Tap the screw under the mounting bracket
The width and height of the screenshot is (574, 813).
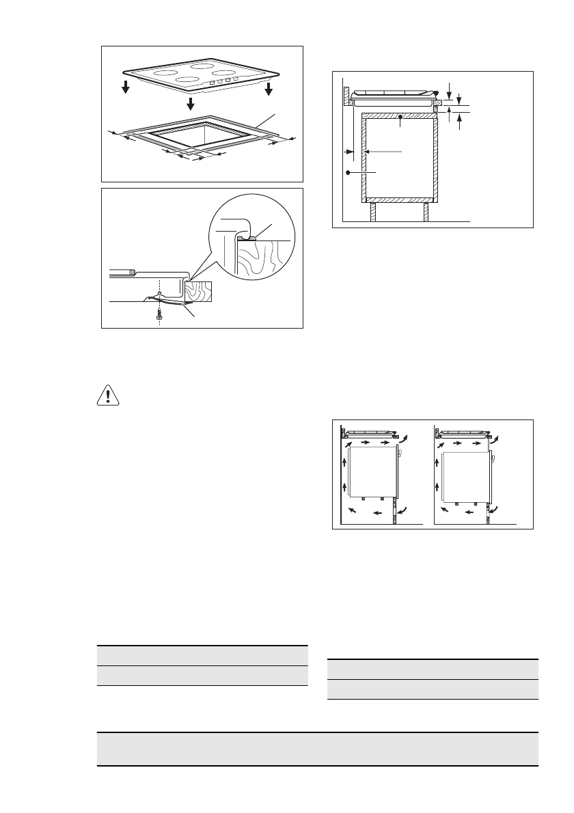pyautogui.click(x=159, y=313)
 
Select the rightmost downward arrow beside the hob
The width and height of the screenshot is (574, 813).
pyautogui.click(x=269, y=89)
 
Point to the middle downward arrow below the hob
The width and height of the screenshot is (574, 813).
pyautogui.click(x=190, y=102)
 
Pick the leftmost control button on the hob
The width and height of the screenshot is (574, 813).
pyautogui.click(x=211, y=83)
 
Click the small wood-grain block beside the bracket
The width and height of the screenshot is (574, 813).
pyautogui.click(x=199, y=292)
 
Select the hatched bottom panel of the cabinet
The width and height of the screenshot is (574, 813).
pyautogui.click(x=399, y=200)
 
